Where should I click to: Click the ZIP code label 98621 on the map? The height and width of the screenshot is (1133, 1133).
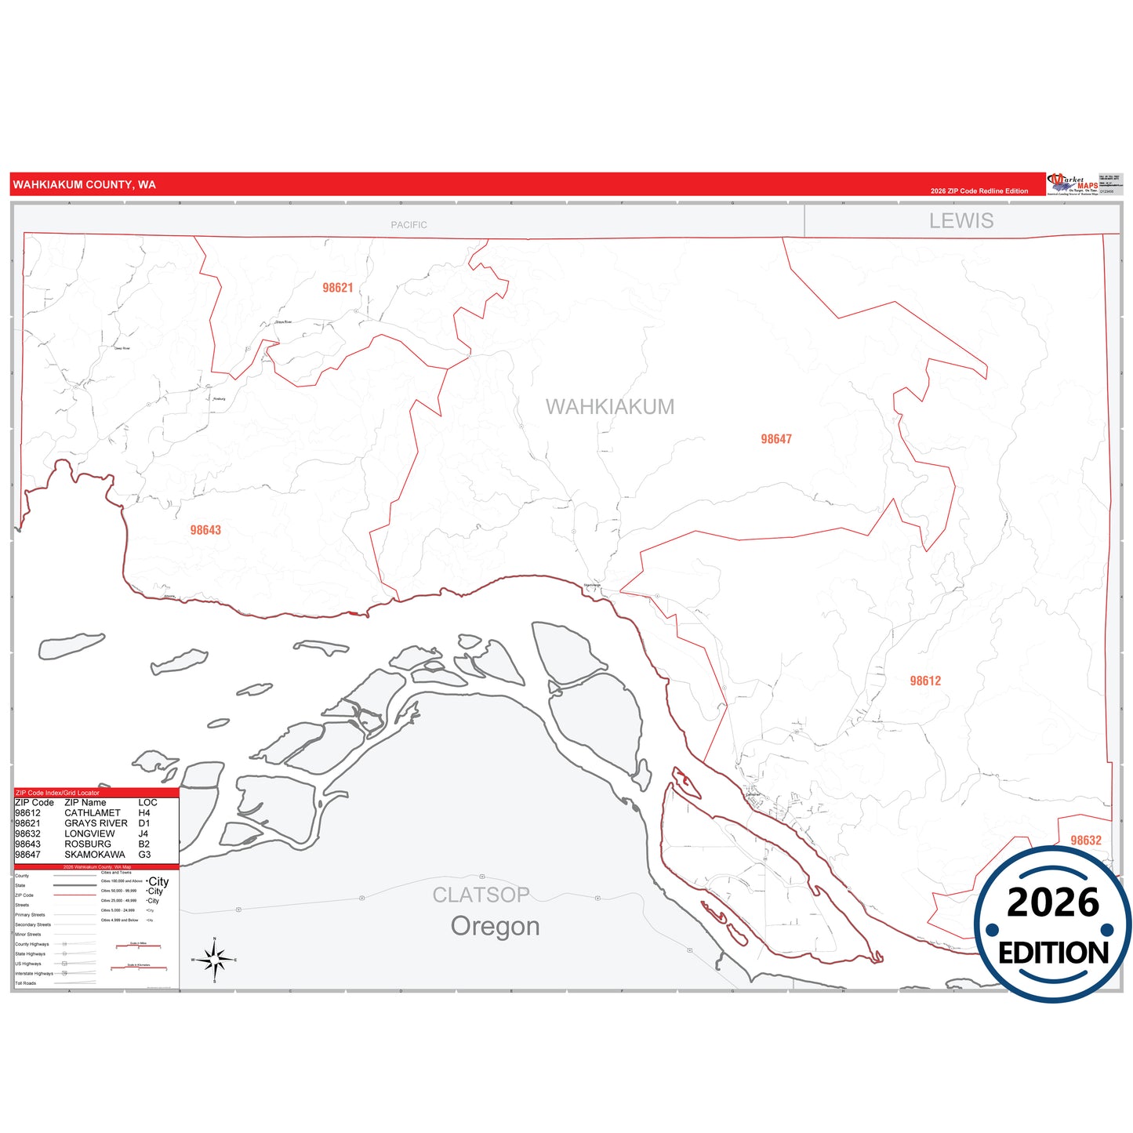(338, 288)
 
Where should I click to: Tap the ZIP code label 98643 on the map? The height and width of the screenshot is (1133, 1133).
(205, 530)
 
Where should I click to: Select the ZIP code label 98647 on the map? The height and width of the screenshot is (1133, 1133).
(776, 439)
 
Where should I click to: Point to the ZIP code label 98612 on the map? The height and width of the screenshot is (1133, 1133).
(925, 681)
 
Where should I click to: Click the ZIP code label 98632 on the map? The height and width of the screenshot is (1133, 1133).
(1086, 841)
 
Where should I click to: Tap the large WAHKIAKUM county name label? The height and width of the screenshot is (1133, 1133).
(610, 407)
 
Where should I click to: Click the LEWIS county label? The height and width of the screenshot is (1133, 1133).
(961, 221)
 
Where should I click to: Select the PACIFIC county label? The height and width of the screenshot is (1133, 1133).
(409, 225)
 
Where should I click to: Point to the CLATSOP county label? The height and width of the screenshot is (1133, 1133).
(481, 895)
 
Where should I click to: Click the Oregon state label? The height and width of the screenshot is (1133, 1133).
(495, 926)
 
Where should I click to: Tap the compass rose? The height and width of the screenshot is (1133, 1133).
(215, 959)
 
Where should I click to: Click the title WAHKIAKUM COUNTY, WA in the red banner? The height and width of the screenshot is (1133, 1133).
(85, 185)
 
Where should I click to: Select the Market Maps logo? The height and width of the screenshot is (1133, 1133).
(1073, 184)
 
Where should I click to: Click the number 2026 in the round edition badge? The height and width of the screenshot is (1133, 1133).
(1053, 902)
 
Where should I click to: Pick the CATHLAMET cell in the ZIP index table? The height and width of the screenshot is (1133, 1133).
(93, 813)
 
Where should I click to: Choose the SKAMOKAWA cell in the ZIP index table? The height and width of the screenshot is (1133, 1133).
(95, 855)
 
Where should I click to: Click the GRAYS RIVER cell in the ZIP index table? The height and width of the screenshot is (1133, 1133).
(96, 823)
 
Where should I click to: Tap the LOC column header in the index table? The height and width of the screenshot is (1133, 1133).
(147, 803)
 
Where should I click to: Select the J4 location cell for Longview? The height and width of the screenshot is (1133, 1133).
(143, 833)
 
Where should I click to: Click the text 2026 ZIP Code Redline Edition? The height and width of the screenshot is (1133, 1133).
(979, 191)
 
